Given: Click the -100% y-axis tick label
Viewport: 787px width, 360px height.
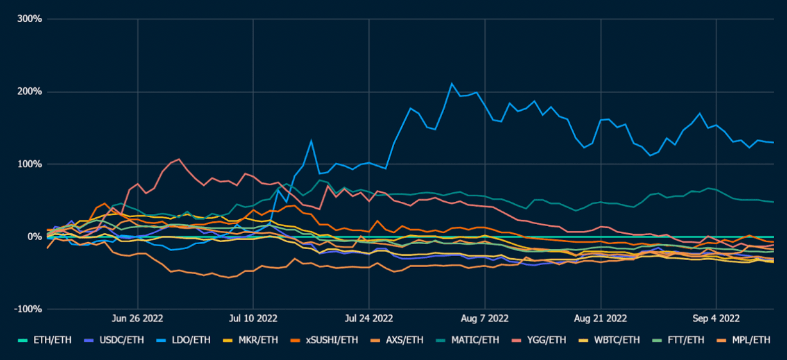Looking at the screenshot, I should tap(28, 309).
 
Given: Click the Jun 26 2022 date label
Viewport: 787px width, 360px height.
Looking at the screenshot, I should tap(137, 318).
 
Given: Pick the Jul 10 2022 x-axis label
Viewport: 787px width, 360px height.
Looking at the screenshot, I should tap(253, 318).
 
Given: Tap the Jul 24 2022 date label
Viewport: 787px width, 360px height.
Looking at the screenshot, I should tap(369, 318).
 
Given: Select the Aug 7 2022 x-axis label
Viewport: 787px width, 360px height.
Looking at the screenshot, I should tap(485, 318).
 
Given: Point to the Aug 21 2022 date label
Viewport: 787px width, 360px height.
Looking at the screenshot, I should tap(601, 318).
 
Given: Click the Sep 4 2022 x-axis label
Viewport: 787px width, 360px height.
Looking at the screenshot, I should tap(716, 318).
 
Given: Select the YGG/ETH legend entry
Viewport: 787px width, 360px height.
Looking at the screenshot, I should tap(540, 340).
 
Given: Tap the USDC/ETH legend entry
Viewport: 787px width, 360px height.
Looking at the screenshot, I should tap(120, 340).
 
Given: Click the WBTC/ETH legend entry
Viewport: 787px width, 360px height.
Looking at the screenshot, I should tap(611, 340).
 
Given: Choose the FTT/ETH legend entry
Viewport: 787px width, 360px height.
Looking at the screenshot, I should tap(680, 340).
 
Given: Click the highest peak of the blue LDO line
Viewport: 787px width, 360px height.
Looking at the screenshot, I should tap(452, 83).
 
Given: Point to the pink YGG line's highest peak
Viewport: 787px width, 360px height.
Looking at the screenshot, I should tap(179, 159).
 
